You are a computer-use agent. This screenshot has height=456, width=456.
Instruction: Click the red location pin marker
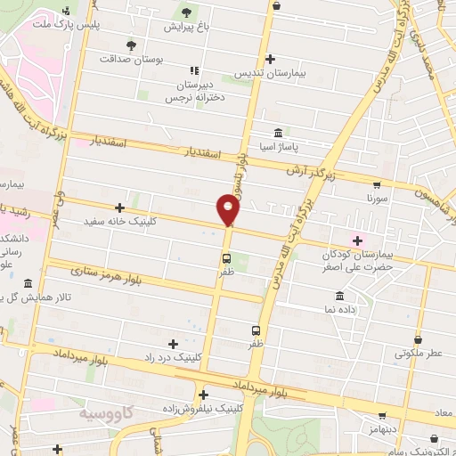pyautogui.click(x=229, y=210)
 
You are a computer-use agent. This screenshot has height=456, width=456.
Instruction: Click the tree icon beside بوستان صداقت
pyautogui.click(x=132, y=45)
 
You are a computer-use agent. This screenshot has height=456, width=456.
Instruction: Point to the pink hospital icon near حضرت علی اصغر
pyautogui.click(x=359, y=240)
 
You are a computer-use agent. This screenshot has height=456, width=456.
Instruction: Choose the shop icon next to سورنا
pyautogui.click(x=377, y=185)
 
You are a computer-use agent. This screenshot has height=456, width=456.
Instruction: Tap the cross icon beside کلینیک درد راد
pyautogui.click(x=173, y=343)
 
